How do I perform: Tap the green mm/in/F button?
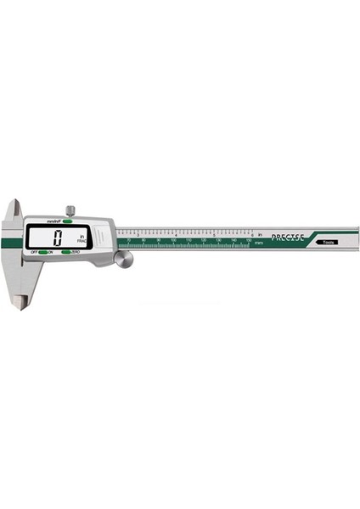coord(65,221)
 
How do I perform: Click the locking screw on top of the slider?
coord(71,210)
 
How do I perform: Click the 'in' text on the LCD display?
coord(82,236)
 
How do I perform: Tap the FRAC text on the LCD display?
coord(82,243)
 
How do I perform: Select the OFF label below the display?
coord(35,253)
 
